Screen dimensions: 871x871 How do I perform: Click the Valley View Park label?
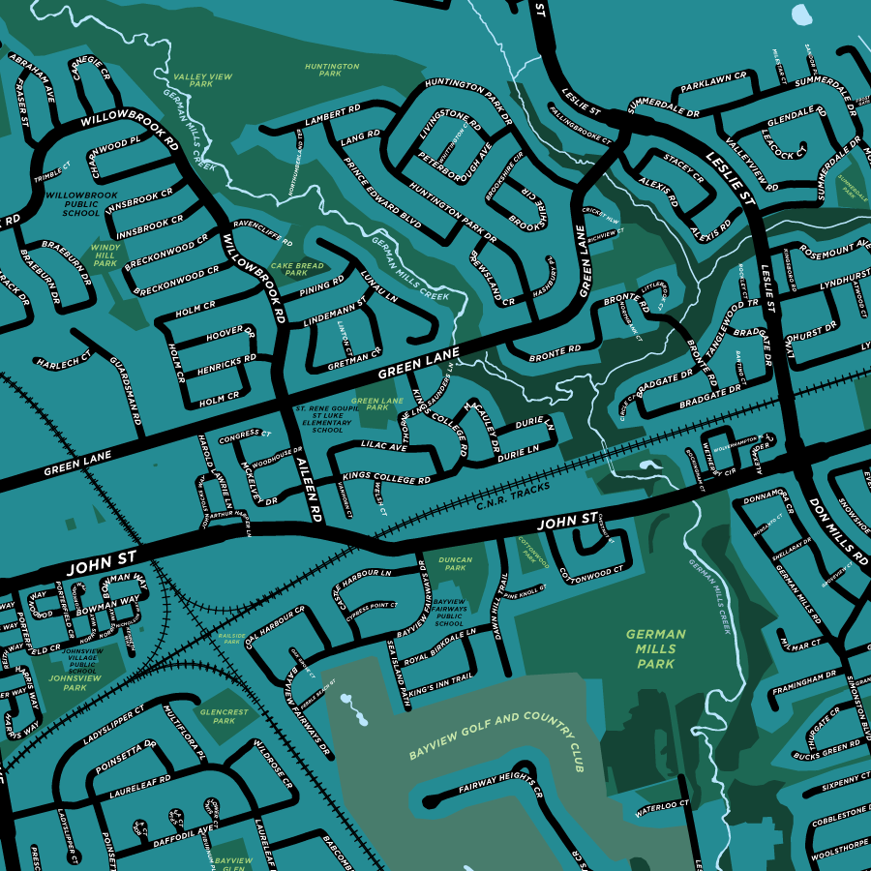[202, 79]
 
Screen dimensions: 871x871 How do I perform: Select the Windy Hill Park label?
[105, 255]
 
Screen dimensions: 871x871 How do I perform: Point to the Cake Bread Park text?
[297, 269]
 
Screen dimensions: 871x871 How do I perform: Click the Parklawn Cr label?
[713, 83]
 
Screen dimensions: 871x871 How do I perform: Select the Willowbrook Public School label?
[74, 203]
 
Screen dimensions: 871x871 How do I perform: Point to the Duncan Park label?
[455, 564]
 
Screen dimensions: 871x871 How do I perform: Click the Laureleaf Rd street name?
[135, 777]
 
